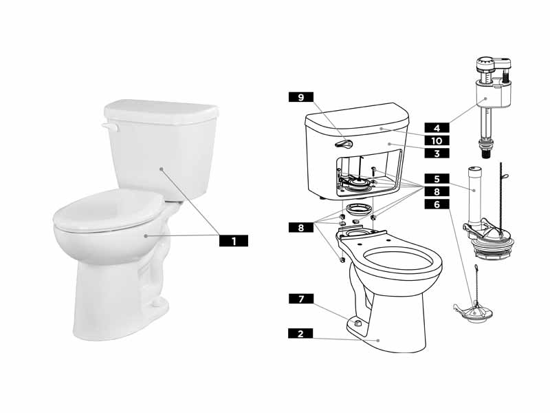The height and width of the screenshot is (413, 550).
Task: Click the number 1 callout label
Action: pos(234,241)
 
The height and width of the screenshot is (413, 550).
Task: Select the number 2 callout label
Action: pos(300,333)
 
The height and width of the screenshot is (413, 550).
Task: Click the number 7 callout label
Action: pos(300,299)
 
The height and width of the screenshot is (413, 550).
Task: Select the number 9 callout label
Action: pos(300,98)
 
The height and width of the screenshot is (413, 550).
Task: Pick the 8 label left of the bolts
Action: pos(300,226)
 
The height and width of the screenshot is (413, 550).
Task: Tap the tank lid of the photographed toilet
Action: pos(160,110)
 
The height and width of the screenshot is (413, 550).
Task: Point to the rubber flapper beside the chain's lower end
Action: pos(474,310)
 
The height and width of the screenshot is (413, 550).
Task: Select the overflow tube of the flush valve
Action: pos(472,189)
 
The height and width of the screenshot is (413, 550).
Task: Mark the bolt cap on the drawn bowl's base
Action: pos(355,321)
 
